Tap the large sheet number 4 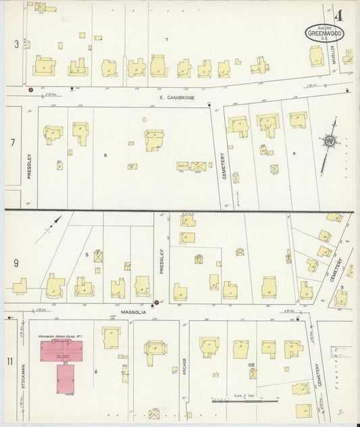[x=338, y=15]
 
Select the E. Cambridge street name [x=177, y=98]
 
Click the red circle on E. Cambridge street [x=30, y=89]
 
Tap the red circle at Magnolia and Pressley [x=157, y=302]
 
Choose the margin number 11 [x=10, y=361]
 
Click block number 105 [x=251, y=365]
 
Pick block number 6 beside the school [x=97, y=372]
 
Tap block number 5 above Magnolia [x=87, y=254]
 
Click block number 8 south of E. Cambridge [x=105, y=155]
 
